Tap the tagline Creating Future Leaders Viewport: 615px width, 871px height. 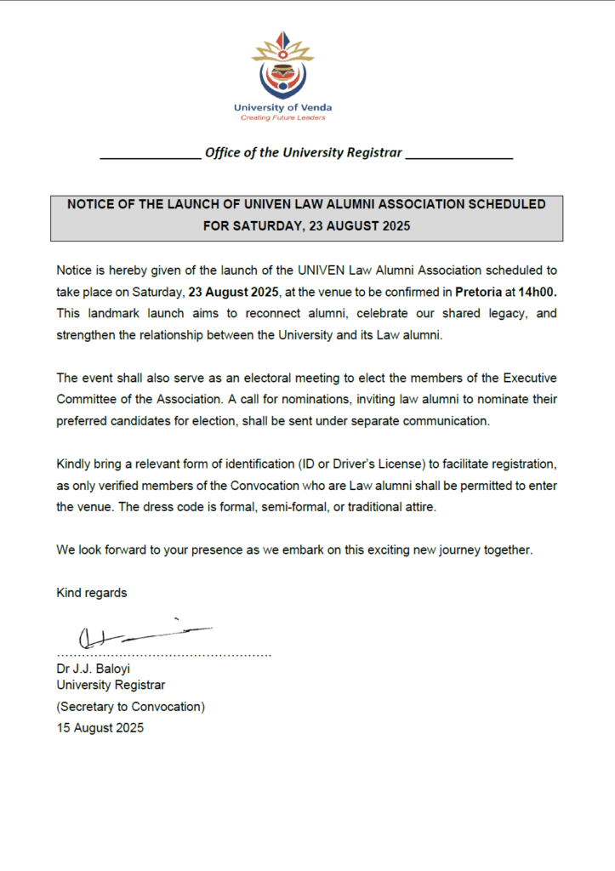[x=282, y=117]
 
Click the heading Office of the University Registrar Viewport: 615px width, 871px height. [x=304, y=153]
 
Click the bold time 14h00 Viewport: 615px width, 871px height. [x=539, y=292]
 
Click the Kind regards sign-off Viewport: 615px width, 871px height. [x=92, y=593]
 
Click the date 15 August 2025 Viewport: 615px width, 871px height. [x=100, y=728]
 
